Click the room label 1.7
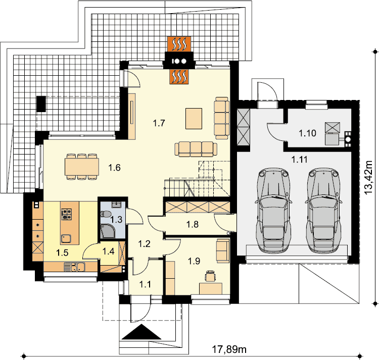pos(159,123)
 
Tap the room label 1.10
pos(307,133)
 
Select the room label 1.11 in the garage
pos(299,160)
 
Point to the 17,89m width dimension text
pos(229,349)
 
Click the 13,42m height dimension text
pos(368,177)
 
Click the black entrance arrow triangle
pos(141,332)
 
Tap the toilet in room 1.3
pos(106,214)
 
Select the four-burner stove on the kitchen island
pos(67,214)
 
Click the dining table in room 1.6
pos(82,167)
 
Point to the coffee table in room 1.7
pos(194,119)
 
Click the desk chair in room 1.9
pos(210,276)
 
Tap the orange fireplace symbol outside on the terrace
pos(179,44)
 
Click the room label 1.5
pos(62,253)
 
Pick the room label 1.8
pos(193,224)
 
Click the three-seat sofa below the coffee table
pos(196,149)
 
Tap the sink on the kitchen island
pos(66,239)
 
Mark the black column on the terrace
pos(41,104)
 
